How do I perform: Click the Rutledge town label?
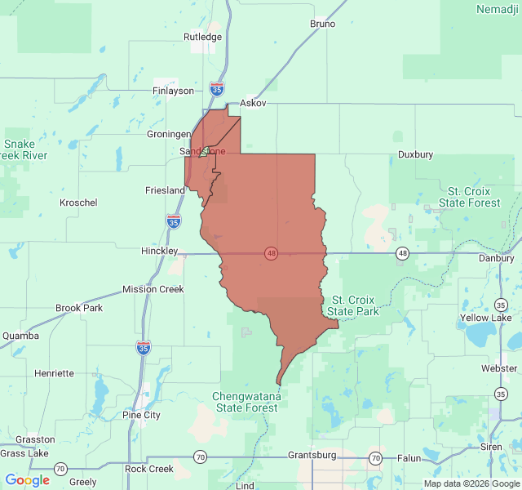(202, 37)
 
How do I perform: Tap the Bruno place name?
(322, 24)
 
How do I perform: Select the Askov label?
(253, 105)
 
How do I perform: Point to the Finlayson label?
(174, 91)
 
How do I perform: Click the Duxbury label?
(415, 154)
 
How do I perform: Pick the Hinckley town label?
(158, 251)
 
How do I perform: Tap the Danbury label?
(496, 257)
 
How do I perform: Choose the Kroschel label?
(78, 202)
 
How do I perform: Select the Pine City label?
(141, 415)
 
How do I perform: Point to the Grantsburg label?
(312, 454)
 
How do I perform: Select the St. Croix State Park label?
(352, 305)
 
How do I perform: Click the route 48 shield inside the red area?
(271, 253)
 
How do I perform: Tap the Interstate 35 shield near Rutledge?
(217, 87)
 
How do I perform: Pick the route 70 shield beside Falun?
(374, 458)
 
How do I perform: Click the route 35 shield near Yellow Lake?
(500, 305)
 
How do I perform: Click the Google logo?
(28, 480)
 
